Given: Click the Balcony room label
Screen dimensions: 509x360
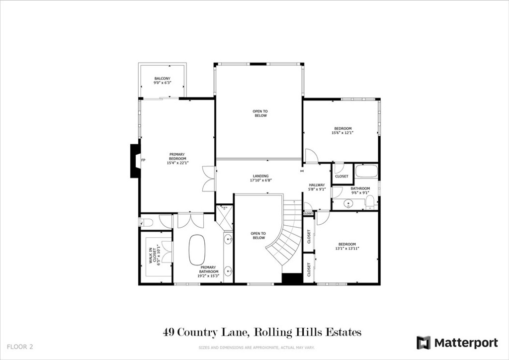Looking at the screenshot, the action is point(163,79).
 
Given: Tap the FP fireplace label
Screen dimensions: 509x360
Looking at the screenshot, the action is point(143,160).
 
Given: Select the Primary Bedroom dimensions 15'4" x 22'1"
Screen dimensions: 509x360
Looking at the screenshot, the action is point(177,163).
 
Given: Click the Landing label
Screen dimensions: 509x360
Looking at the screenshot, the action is point(260,176).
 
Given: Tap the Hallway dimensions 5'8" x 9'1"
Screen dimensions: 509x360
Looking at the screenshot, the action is point(317,189).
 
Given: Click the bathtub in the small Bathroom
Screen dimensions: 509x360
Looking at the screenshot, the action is point(366,171).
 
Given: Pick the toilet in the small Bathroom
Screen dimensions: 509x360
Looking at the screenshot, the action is point(370,203).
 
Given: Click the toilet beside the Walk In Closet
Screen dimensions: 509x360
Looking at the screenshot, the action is point(147,222).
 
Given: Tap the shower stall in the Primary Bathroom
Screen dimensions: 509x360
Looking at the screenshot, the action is point(224,217).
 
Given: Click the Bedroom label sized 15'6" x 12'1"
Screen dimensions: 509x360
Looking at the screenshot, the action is point(343,129).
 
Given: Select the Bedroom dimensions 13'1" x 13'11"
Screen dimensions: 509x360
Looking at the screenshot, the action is point(347,249).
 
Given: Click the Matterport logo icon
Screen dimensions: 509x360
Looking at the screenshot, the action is point(424,343).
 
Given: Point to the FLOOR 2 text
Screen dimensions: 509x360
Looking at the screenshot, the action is point(20,347).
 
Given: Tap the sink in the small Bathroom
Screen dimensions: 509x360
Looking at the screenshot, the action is point(348,204).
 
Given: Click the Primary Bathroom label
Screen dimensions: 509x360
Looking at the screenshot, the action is point(208,270).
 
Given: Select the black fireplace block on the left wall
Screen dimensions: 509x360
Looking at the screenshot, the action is point(135,161).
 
